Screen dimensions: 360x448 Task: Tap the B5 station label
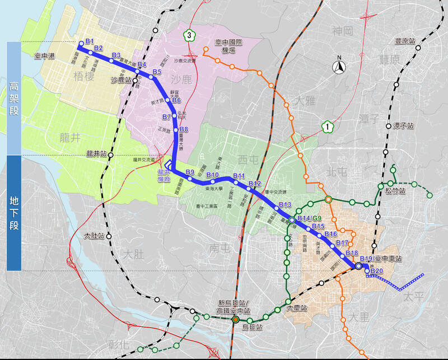coord(156,72)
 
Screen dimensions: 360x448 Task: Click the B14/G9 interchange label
coord(310,218)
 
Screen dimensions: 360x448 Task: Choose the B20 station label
coord(376,271)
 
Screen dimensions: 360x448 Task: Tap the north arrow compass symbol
coord(339,67)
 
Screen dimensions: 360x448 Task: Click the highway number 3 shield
coord(190,35)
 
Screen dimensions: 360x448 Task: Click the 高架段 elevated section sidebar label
coord(14,98)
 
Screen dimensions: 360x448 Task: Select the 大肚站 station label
coord(94,236)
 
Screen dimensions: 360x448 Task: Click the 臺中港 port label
coord(45,56)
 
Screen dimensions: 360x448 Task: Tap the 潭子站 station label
coord(403,125)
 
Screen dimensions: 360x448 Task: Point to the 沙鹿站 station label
coord(121,81)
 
